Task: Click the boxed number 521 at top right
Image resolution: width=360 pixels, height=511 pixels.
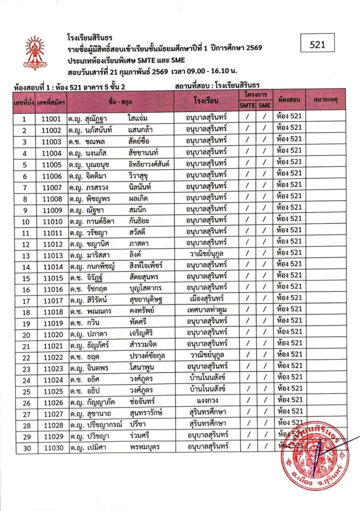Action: pyautogui.click(x=317, y=44)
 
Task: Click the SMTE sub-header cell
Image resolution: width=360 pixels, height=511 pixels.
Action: pyautogui.click(x=247, y=106)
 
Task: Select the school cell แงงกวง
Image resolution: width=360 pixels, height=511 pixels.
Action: pyautogui.click(x=206, y=400)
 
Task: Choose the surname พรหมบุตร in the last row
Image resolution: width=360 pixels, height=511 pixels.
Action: pyautogui.click(x=145, y=448)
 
